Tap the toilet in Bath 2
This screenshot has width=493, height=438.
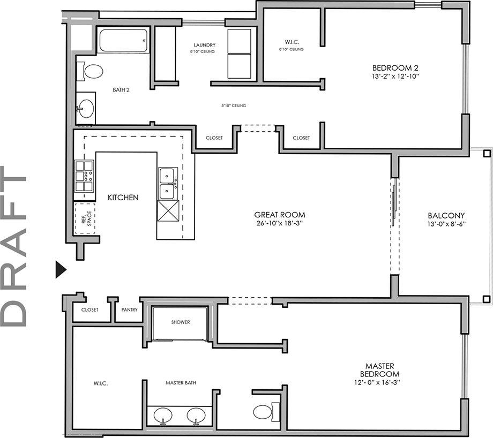click(x=92, y=71)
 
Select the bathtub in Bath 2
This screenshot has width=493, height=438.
click(x=123, y=41)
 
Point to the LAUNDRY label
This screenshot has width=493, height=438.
click(x=205, y=45)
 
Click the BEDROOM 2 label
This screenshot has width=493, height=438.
click(x=395, y=67)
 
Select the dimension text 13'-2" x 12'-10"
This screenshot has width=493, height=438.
click(x=395, y=76)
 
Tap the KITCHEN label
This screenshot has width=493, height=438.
click(x=123, y=198)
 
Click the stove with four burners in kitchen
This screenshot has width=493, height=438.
click(x=84, y=176)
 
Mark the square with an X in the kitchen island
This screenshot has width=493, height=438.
click(x=168, y=212)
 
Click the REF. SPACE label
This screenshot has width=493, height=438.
click(x=86, y=218)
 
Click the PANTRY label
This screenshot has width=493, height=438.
click(x=129, y=309)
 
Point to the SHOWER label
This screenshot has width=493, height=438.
click(x=181, y=322)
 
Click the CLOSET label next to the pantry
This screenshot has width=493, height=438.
click(x=90, y=309)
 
